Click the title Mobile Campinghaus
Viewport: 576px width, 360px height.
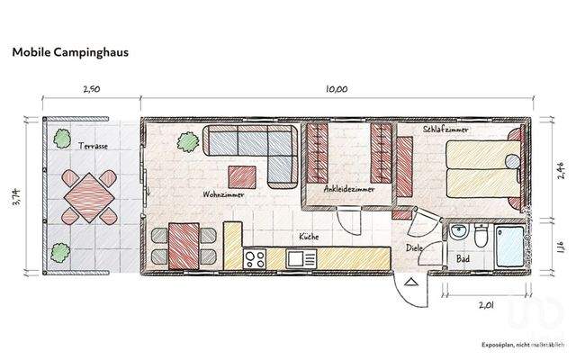pyautogui.click(x=69, y=52)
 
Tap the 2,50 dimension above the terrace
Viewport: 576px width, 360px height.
pyautogui.click(x=90, y=90)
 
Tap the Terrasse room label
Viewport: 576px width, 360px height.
pyautogui.click(x=93, y=145)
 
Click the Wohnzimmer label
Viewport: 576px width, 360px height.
pyautogui.click(x=220, y=193)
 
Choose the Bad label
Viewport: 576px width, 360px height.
pyautogui.click(x=463, y=258)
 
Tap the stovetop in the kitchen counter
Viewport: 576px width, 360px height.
pyautogui.click(x=254, y=257)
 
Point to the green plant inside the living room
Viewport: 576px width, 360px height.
pyautogui.click(x=186, y=141)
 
